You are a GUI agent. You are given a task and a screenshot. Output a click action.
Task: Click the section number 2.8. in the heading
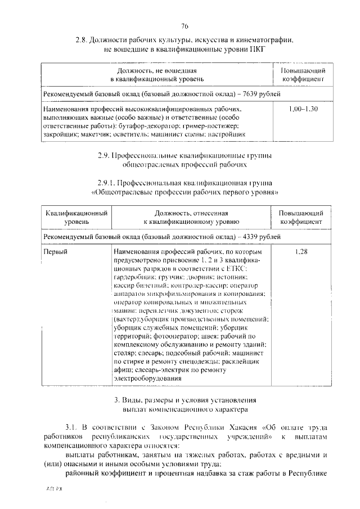pyautogui.click(x=83, y=40)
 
